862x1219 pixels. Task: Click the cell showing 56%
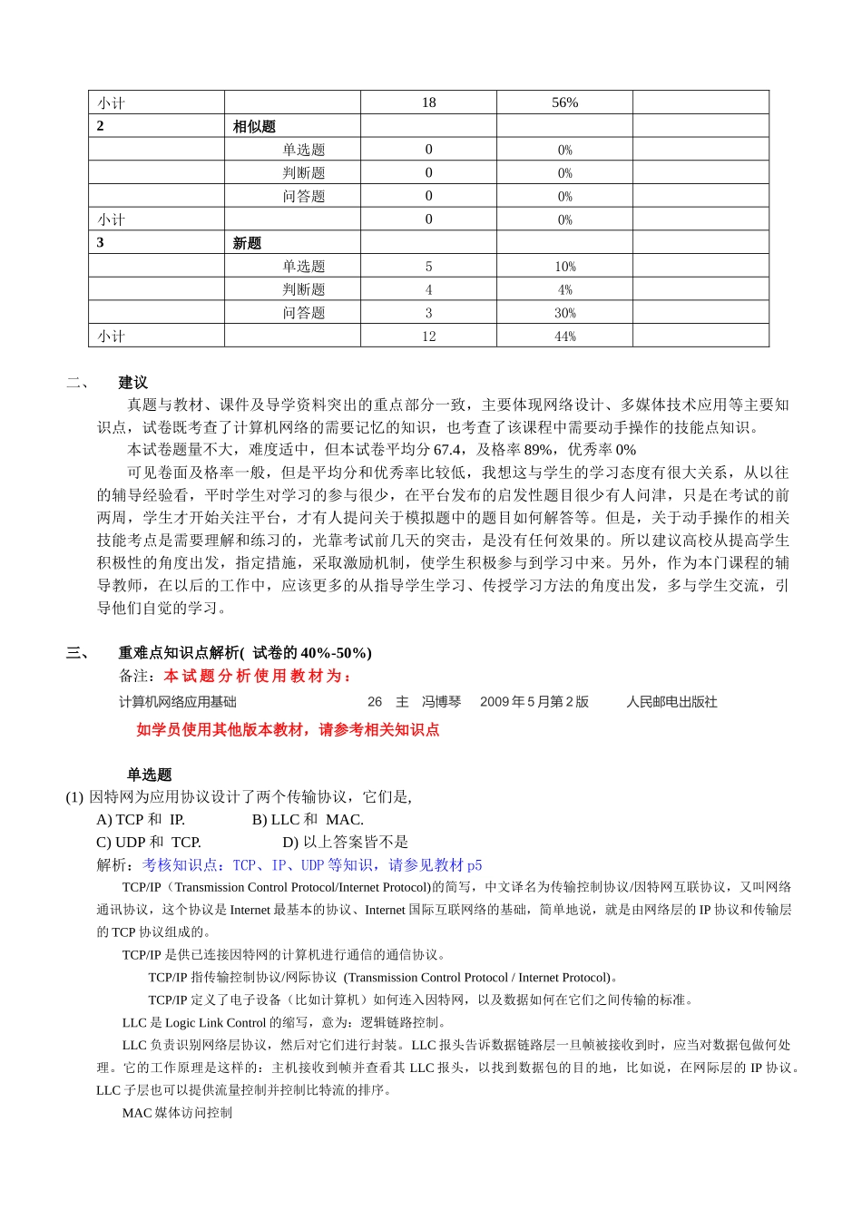tap(564, 102)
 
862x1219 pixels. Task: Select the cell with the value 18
tap(428, 102)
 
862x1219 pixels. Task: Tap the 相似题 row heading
tap(254, 126)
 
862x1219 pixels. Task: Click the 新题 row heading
tap(247, 243)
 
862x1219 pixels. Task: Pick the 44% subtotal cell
tap(564, 336)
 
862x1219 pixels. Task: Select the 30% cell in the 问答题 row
tap(564, 313)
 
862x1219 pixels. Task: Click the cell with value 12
tap(428, 336)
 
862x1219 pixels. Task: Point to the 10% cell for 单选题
tap(564, 267)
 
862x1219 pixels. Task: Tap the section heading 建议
tap(132, 383)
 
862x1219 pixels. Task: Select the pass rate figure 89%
tap(538, 450)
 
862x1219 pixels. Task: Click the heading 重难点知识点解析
tap(180, 653)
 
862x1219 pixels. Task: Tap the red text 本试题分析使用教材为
tap(258, 677)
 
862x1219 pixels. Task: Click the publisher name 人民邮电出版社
tap(671, 702)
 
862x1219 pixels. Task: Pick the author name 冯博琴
tap(441, 702)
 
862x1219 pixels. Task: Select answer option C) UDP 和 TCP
tap(149, 843)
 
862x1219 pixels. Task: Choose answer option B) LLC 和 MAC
tap(308, 820)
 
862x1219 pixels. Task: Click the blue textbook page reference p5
tap(475, 865)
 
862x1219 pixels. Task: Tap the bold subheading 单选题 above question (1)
tap(149, 775)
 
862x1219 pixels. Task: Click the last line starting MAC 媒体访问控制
tap(177, 1113)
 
